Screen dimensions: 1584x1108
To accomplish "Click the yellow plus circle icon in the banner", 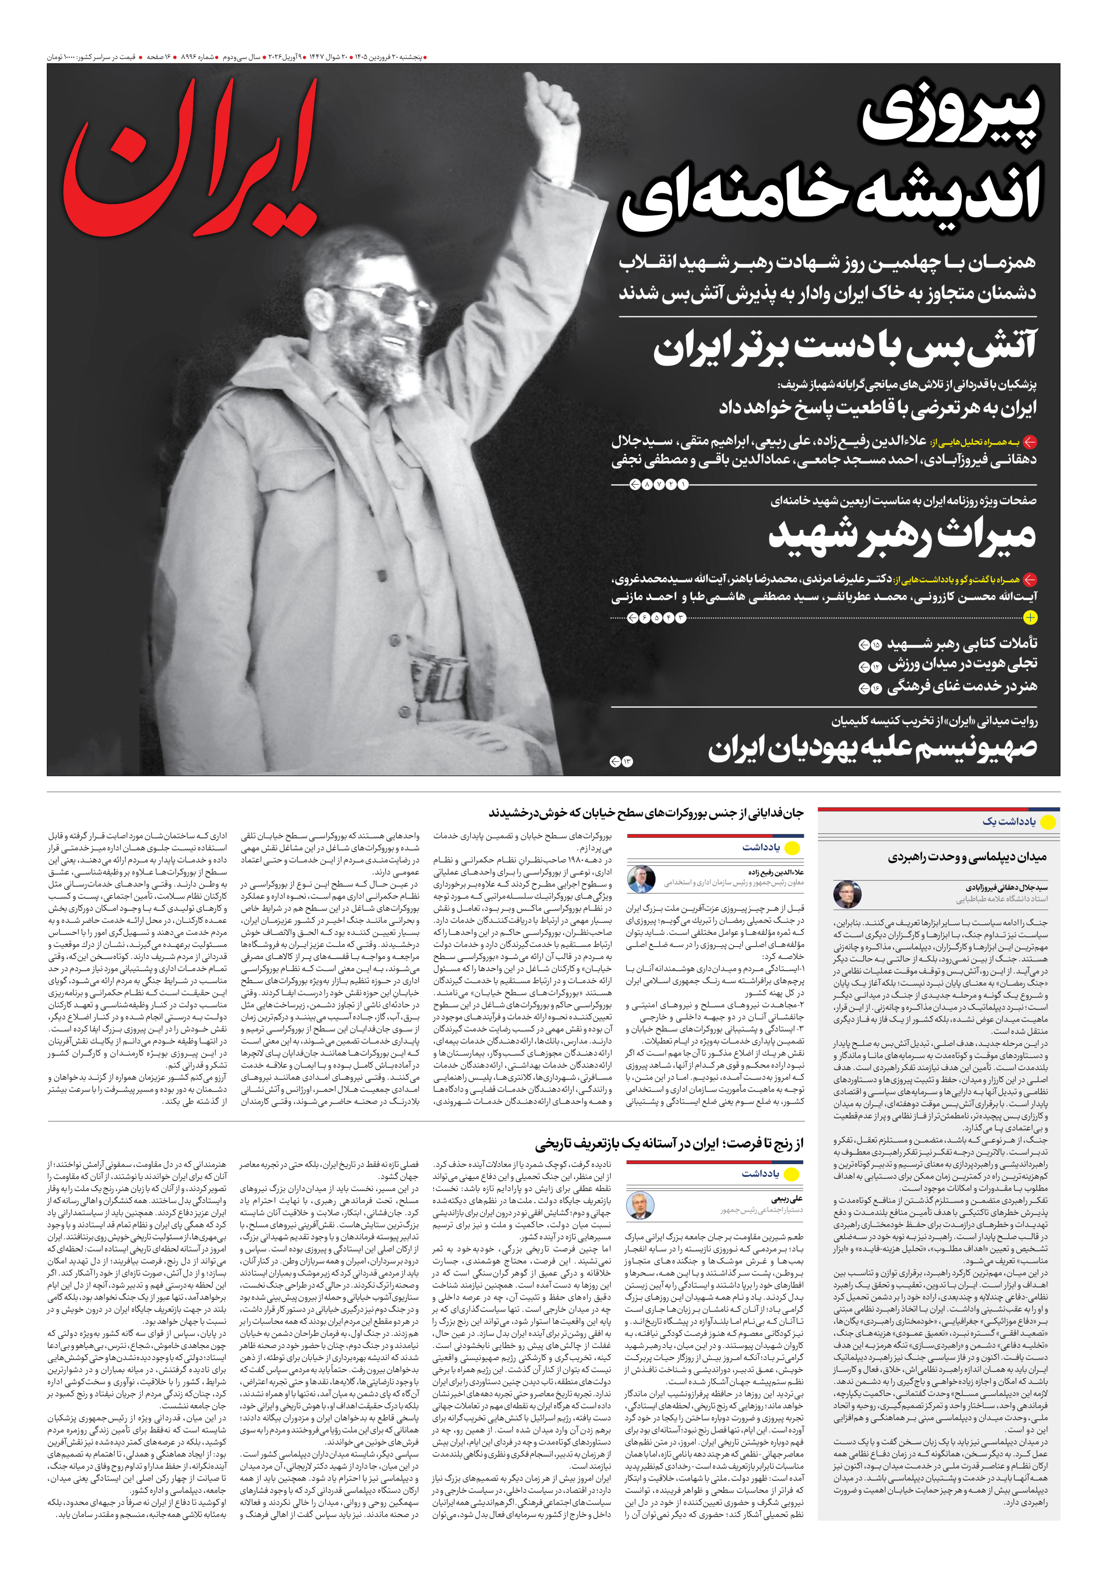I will pos(1030,617).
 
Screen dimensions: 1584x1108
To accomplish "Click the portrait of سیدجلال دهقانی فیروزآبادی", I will pos(846,894).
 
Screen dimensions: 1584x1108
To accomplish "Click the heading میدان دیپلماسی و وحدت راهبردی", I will pos(967,857).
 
